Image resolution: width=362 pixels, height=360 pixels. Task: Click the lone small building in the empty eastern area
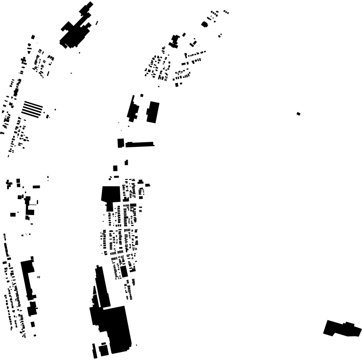299,114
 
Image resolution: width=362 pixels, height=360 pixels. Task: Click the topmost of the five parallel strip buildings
33,103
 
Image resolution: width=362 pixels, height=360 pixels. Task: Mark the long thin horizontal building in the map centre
139,144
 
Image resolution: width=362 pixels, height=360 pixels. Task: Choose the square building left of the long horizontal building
121,143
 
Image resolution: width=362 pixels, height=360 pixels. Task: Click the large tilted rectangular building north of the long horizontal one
153,112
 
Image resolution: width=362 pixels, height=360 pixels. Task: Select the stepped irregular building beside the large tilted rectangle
133,109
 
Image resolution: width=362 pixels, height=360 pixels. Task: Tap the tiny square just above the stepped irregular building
142,95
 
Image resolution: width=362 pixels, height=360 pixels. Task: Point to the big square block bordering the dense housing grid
111,194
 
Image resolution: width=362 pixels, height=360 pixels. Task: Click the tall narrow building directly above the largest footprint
102,286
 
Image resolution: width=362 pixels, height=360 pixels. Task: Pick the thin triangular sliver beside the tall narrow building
94,296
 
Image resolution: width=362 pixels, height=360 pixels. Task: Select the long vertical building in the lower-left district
27,279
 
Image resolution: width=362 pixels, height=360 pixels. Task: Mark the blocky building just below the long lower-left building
32,309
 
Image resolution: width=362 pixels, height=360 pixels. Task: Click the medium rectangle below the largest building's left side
104,349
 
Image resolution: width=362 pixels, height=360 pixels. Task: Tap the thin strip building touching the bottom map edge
95,351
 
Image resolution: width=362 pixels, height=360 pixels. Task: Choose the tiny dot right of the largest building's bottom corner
136,345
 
